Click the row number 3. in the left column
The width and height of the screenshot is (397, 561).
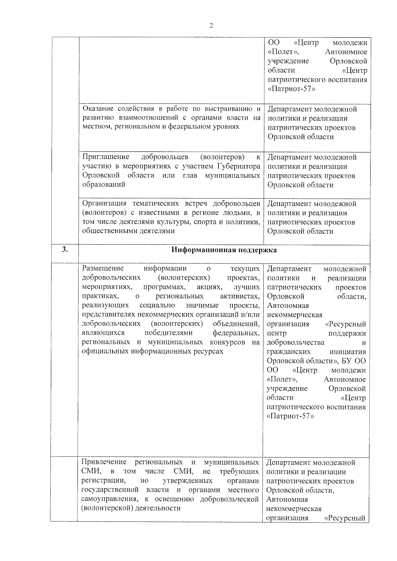coord(65,250)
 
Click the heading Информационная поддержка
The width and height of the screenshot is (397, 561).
coord(224,250)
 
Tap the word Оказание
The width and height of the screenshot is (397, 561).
coord(98,109)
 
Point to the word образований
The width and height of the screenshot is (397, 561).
coord(104,184)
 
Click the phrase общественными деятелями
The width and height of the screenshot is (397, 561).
coord(128,231)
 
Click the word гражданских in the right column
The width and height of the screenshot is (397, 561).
coord(289,351)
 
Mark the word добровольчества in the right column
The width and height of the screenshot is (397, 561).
coord(295,342)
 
